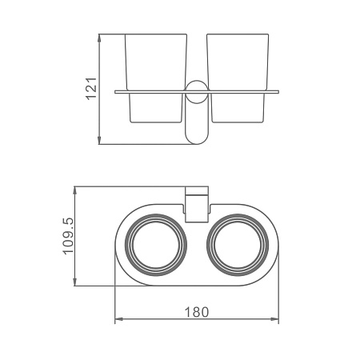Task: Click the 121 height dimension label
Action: (x=91, y=89)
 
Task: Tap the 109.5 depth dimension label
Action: (x=68, y=236)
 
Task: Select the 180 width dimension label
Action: (x=197, y=312)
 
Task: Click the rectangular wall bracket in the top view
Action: (x=197, y=204)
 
